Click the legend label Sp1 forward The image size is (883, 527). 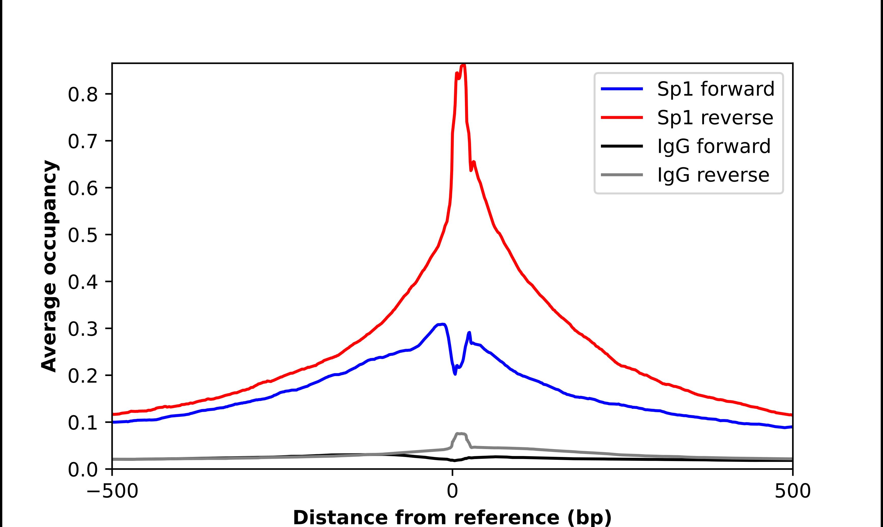715,89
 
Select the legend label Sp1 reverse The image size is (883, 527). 715,118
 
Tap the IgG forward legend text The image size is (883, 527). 714,146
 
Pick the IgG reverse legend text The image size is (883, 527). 713,175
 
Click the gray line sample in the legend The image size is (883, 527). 622,175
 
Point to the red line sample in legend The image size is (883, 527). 622,117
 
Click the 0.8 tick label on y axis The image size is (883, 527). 82,95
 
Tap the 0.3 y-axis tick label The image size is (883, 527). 82,329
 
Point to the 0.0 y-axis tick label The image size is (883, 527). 82,470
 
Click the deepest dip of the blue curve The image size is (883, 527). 455,374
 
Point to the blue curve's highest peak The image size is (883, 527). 442,324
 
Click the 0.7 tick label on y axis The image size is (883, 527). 82,142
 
